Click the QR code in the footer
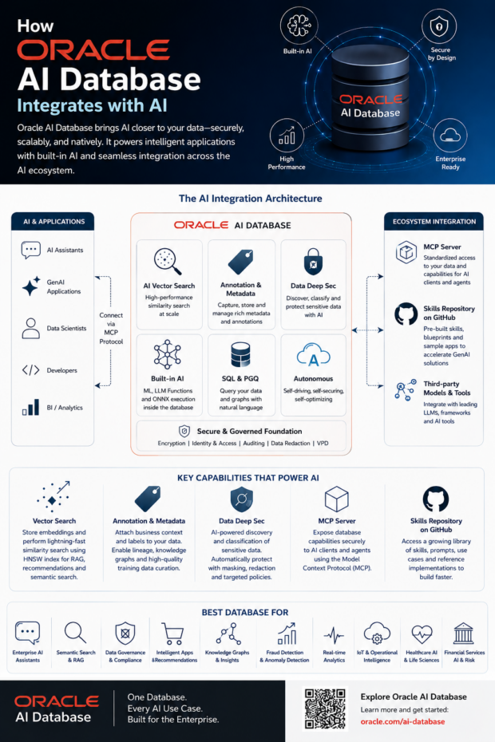(x=325, y=708)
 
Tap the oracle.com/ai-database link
(x=402, y=721)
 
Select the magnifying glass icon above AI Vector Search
(x=168, y=261)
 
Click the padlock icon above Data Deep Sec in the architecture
(x=313, y=262)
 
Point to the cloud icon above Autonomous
(x=313, y=355)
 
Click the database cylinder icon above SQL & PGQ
(x=240, y=355)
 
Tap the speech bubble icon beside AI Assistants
(x=31, y=250)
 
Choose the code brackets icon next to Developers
(x=31, y=370)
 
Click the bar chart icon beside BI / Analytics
(x=31, y=407)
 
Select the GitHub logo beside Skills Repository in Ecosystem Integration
(x=406, y=314)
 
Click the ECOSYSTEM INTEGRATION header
(x=434, y=222)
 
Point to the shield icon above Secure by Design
(x=438, y=26)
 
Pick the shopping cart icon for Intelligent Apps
(x=173, y=633)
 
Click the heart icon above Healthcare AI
(x=422, y=633)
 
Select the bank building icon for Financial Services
(x=463, y=633)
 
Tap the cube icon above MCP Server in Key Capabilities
(x=336, y=499)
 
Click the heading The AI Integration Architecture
(x=250, y=199)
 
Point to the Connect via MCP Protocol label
(x=111, y=329)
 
